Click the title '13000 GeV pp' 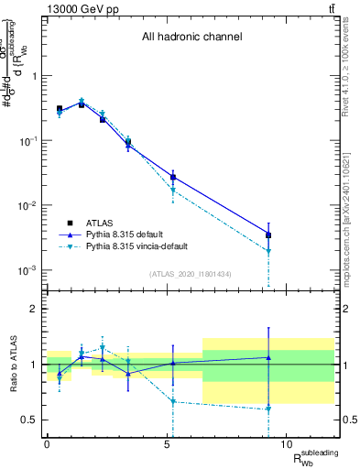pos(76,8)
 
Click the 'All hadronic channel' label pos(191,38)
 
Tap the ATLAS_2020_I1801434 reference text pos(191,274)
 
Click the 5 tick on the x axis pos(167,445)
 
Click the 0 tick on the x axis pos(47,445)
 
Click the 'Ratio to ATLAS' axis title pos(12,364)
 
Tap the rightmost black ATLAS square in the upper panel pos(268,235)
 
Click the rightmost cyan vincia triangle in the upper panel pos(268,251)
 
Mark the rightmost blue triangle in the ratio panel pos(268,357)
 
